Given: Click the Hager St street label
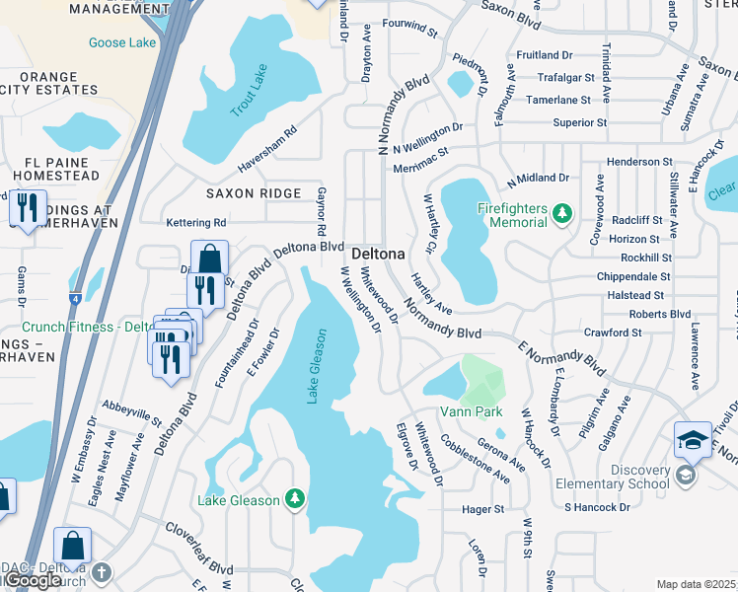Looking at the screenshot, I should pos(483,510).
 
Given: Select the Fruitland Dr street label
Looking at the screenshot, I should pos(544,55).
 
